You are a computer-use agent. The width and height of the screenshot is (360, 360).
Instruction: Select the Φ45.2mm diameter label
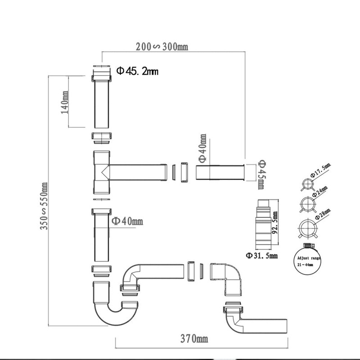tap(137, 71)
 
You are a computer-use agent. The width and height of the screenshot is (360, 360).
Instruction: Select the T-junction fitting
tap(103, 173)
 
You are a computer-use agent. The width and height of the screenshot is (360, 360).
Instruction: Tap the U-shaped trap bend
tap(110, 306)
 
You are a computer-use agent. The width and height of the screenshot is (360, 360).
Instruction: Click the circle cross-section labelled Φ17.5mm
tap(307, 184)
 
